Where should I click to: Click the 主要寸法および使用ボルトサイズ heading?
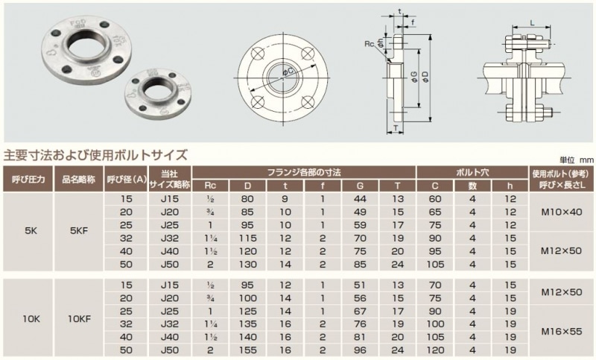tap(95, 155)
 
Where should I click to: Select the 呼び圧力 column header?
tap(28, 179)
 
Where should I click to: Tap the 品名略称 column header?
tap(79, 179)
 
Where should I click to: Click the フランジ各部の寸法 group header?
tap(304, 173)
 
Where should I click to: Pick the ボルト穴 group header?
tap(472, 173)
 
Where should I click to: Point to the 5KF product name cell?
tap(79, 231)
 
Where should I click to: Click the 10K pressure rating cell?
tap(31, 319)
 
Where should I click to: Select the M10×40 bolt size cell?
tap(562, 212)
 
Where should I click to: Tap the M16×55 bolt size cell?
tap(562, 332)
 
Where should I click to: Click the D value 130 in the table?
tap(248, 264)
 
